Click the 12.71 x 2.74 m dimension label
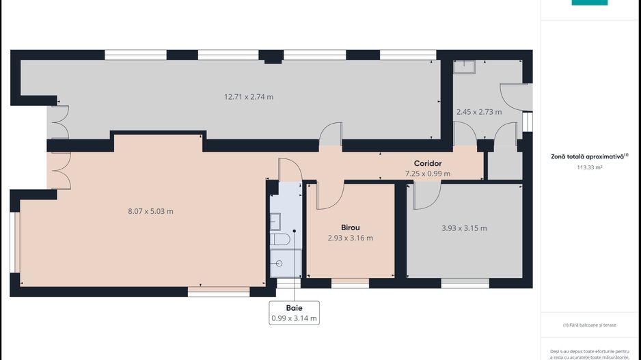(249, 97)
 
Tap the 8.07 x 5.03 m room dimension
(150, 211)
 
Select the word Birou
(351, 227)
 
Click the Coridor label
(428, 163)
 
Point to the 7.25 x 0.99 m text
(428, 174)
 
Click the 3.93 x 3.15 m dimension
(464, 228)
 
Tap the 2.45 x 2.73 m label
(479, 111)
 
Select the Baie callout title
(294, 308)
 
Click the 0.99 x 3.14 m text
(294, 318)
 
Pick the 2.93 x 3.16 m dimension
(351, 238)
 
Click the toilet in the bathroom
(280, 239)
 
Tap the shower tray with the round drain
(286, 264)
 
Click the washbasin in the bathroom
(275, 221)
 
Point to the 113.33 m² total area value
(590, 167)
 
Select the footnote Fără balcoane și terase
(590, 325)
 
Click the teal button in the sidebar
(590, 3)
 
